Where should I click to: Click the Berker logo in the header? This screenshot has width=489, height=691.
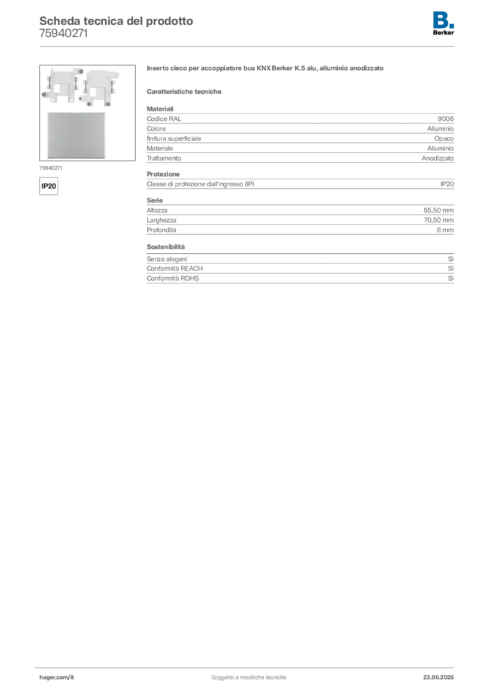(x=443, y=24)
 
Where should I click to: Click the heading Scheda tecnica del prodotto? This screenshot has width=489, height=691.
(x=116, y=21)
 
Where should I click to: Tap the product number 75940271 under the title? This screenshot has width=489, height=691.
(x=63, y=34)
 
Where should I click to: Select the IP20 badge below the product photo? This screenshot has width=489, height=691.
(x=49, y=186)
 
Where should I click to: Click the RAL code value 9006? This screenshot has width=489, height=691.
(x=445, y=119)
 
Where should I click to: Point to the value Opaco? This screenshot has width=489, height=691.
(x=444, y=139)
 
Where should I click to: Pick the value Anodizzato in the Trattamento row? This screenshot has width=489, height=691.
(x=438, y=158)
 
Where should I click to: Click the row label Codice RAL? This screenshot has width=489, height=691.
(x=164, y=119)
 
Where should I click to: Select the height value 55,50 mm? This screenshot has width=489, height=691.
(x=438, y=211)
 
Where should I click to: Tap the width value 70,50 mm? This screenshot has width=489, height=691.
(x=439, y=221)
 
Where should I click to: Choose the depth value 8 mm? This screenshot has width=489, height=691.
(x=445, y=230)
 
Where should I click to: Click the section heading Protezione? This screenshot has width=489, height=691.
(x=163, y=174)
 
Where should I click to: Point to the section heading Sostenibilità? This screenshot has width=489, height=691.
(x=165, y=247)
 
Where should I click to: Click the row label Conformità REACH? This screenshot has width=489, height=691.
(x=175, y=269)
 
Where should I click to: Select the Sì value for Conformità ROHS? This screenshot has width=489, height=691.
(x=451, y=279)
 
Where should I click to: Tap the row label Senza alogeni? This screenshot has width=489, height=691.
(x=167, y=259)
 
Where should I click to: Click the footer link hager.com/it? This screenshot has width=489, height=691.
(x=57, y=678)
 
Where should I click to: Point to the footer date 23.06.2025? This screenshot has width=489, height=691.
(x=438, y=678)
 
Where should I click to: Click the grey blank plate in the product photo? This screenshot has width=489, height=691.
(x=76, y=135)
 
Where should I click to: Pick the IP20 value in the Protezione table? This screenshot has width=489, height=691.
(x=446, y=184)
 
